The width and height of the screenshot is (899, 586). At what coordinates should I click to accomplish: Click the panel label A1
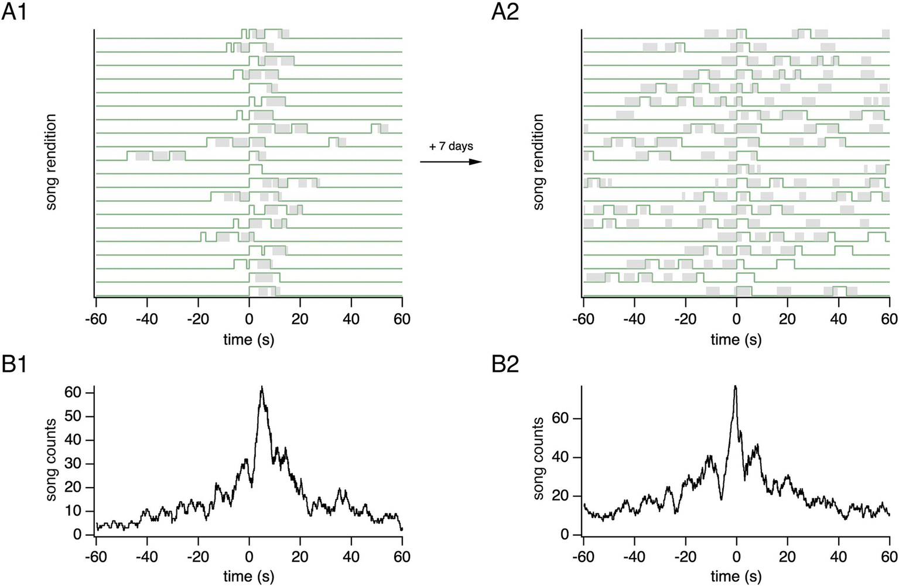point(14,11)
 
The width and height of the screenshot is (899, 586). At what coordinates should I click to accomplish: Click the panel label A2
point(505,11)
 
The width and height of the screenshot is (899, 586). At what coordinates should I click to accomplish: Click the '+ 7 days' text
point(451,146)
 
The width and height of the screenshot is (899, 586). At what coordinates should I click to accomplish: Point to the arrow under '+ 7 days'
point(451,162)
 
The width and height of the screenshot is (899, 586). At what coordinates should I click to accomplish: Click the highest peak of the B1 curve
point(262,387)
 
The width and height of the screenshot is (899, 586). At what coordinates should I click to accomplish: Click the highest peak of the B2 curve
point(735,386)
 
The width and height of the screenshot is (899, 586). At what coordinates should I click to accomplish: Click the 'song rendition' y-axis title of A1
point(52,162)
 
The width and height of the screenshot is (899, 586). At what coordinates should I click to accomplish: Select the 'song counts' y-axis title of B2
point(539,458)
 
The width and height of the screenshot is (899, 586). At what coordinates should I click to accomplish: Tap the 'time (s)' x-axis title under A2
point(736,340)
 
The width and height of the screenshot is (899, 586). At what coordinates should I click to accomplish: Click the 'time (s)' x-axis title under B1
point(249,576)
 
